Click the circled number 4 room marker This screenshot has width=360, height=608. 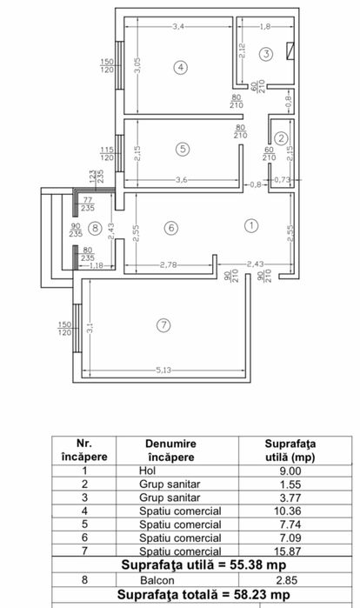pyautogui.click(x=180, y=68)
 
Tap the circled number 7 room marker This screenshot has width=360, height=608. pyautogui.click(x=163, y=324)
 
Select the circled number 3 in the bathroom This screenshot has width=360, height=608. pyautogui.click(x=266, y=54)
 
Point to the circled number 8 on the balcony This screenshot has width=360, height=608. pyautogui.click(x=95, y=227)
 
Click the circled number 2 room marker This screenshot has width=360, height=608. pyautogui.click(x=281, y=137)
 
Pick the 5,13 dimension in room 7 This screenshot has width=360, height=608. pyautogui.click(x=163, y=370)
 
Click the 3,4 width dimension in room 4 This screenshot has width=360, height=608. pyautogui.click(x=178, y=26)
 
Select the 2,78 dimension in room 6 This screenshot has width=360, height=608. pyautogui.click(x=168, y=264)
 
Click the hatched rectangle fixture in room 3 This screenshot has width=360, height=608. pyautogui.click(x=290, y=50)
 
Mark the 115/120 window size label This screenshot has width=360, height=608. pyautogui.click(x=107, y=154)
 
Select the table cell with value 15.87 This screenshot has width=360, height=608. pyautogui.click(x=287, y=551)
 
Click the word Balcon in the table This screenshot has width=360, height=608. pyautogui.click(x=157, y=580)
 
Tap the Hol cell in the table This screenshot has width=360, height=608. pyautogui.click(x=147, y=471)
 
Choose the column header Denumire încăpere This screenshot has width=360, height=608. pyautogui.click(x=171, y=451)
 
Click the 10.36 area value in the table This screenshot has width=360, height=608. pyautogui.click(x=287, y=511)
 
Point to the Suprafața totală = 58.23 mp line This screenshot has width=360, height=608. pyautogui.click(x=203, y=594)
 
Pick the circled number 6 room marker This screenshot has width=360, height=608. pyautogui.click(x=171, y=228)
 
